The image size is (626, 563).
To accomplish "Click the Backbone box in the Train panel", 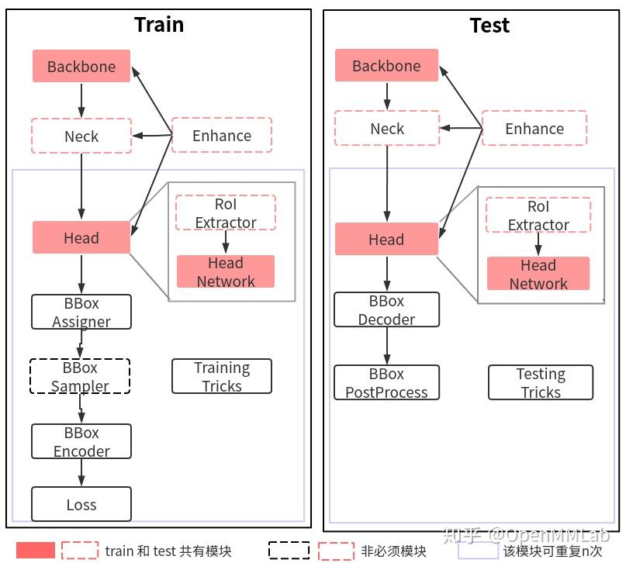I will (x=81, y=67).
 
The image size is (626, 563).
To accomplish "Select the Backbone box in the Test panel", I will (x=386, y=66).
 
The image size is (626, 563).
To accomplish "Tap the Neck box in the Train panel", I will (x=81, y=136).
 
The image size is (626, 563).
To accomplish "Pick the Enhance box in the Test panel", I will (x=534, y=129).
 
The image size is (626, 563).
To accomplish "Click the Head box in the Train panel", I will (x=81, y=238).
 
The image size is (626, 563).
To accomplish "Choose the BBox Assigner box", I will (x=81, y=312).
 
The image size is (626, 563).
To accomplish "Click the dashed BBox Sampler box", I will (x=80, y=376).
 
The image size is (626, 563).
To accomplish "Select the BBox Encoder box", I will (x=81, y=441).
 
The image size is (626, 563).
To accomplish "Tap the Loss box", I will (x=81, y=505).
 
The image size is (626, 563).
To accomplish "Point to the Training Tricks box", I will (x=222, y=376).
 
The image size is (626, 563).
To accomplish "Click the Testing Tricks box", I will (x=541, y=383).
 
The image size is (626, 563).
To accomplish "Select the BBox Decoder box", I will (x=386, y=309).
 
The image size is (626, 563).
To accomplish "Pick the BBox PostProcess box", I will (x=386, y=383).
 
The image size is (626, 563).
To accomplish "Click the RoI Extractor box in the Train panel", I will (x=226, y=213).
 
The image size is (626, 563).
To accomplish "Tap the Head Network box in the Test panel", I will (x=538, y=274).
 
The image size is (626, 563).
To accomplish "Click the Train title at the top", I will (x=159, y=24).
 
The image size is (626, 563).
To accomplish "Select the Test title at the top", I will (x=489, y=25).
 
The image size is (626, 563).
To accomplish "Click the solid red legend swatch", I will (x=36, y=551).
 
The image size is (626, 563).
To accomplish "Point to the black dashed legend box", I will (x=289, y=551).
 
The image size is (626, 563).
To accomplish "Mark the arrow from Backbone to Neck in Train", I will (x=81, y=100).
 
